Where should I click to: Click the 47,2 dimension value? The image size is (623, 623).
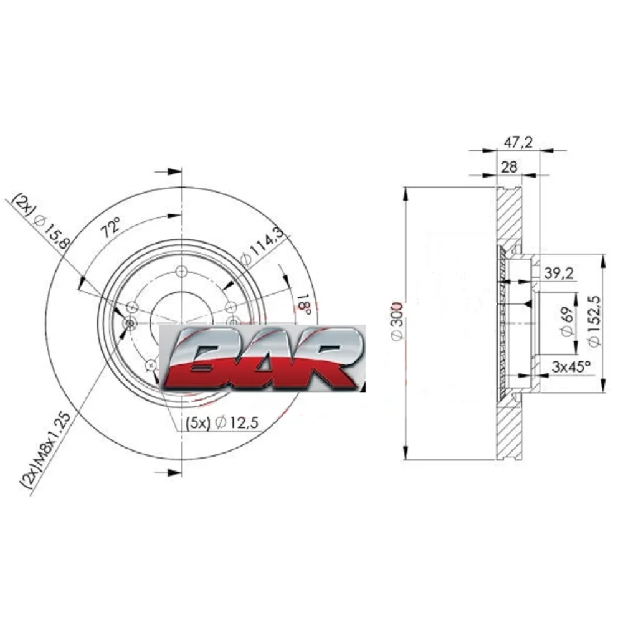[518, 142]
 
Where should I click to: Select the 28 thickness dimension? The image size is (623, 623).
[508, 167]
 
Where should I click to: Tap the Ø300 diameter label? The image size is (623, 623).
[397, 321]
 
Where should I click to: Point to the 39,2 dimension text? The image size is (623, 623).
[558, 273]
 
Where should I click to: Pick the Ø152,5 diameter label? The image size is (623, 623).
[594, 321]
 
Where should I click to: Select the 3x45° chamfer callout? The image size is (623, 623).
[571, 366]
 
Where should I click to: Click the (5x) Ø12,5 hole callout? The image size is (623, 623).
[222, 422]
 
